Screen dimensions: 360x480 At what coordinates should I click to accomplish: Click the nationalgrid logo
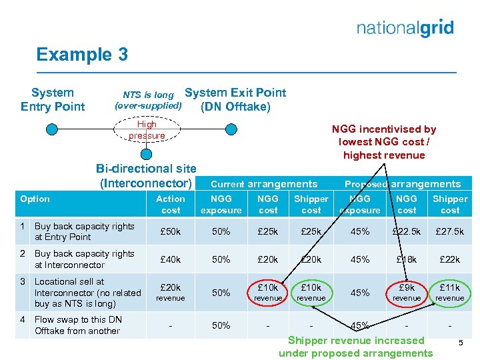[x=405, y=28]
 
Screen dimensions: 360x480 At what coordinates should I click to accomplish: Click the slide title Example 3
[x=82, y=54]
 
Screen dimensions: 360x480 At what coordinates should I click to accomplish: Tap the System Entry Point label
[x=53, y=99]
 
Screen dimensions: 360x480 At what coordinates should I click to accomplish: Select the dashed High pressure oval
[x=147, y=130]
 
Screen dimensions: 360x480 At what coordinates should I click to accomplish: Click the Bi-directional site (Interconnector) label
[x=146, y=176]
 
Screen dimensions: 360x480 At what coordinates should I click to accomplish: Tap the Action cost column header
[x=171, y=204]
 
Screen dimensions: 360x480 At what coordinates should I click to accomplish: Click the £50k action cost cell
[x=171, y=231]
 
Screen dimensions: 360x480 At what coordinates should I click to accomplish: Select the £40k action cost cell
[x=171, y=259]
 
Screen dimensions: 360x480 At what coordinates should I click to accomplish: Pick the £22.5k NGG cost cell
[x=407, y=231]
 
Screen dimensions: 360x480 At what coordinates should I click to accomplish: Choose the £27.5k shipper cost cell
[x=450, y=231]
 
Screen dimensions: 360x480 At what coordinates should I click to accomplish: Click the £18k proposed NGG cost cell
[x=407, y=259]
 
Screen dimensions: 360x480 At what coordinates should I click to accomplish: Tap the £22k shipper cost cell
[x=450, y=259]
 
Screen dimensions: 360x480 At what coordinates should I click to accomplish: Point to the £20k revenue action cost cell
[x=171, y=292]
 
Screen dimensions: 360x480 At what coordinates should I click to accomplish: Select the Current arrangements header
[x=264, y=184]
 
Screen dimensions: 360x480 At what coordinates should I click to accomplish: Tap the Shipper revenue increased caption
[x=356, y=347]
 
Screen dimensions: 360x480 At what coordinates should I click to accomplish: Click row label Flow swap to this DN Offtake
[x=78, y=325]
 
